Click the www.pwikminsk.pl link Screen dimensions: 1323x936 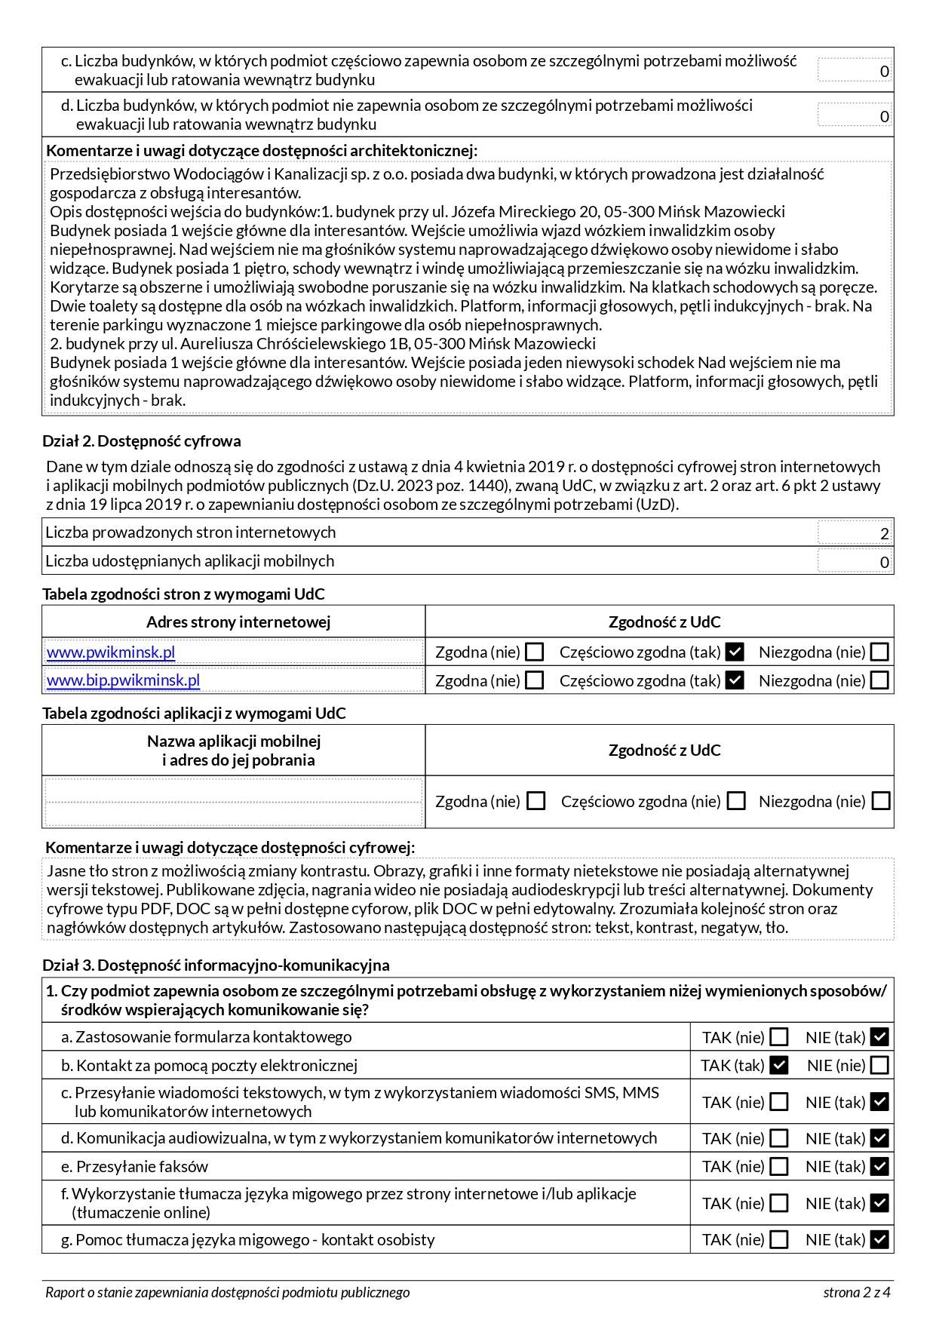[111, 652]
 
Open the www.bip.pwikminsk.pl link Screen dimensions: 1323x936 [123, 680]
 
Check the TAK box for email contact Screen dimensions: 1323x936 [780, 1065]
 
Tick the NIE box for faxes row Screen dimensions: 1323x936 [879, 1166]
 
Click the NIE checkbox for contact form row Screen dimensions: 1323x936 [879, 1037]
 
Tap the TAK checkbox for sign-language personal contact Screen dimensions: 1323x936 [780, 1239]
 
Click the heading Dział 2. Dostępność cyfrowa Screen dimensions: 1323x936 [142, 441]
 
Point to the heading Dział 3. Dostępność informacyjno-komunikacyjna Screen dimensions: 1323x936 [216, 965]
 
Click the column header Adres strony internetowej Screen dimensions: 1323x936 [238, 622]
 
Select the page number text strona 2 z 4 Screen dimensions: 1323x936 [857, 1292]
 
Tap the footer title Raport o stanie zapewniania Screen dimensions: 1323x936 [227, 1292]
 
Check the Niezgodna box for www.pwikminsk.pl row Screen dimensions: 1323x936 [879, 652]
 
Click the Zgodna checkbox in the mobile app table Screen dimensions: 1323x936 [536, 801]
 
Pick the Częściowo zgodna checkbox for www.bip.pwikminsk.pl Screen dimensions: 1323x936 [735, 680]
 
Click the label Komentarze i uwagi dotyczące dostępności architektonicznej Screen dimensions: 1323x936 [261, 150]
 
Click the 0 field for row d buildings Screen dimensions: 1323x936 [855, 115]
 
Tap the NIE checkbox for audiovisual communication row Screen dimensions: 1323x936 [879, 1137]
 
